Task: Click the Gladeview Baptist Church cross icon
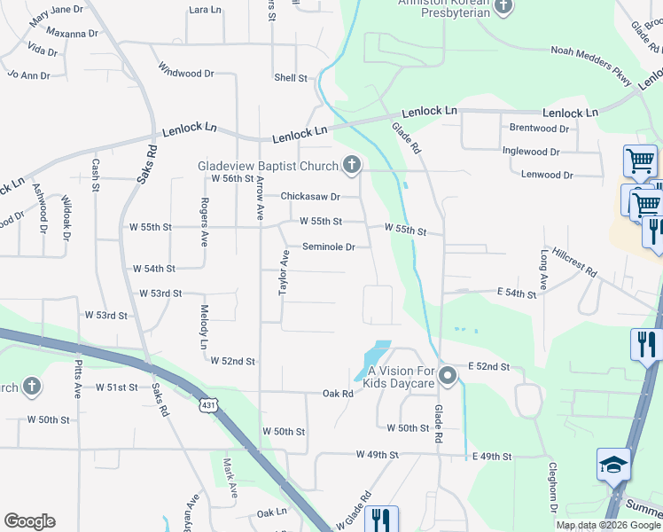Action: coord(352,165)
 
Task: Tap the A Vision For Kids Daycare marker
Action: coord(448,376)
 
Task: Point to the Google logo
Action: coord(29,521)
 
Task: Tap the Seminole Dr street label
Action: coord(328,246)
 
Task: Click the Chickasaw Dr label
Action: coord(310,196)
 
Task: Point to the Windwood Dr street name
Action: coord(186,68)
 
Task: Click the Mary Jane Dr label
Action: coord(56,12)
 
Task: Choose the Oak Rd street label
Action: coord(338,393)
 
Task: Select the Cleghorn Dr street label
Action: coord(551,487)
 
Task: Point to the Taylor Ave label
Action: coord(285,272)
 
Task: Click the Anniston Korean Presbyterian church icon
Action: coord(503,8)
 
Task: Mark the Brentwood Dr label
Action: coord(539,129)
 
